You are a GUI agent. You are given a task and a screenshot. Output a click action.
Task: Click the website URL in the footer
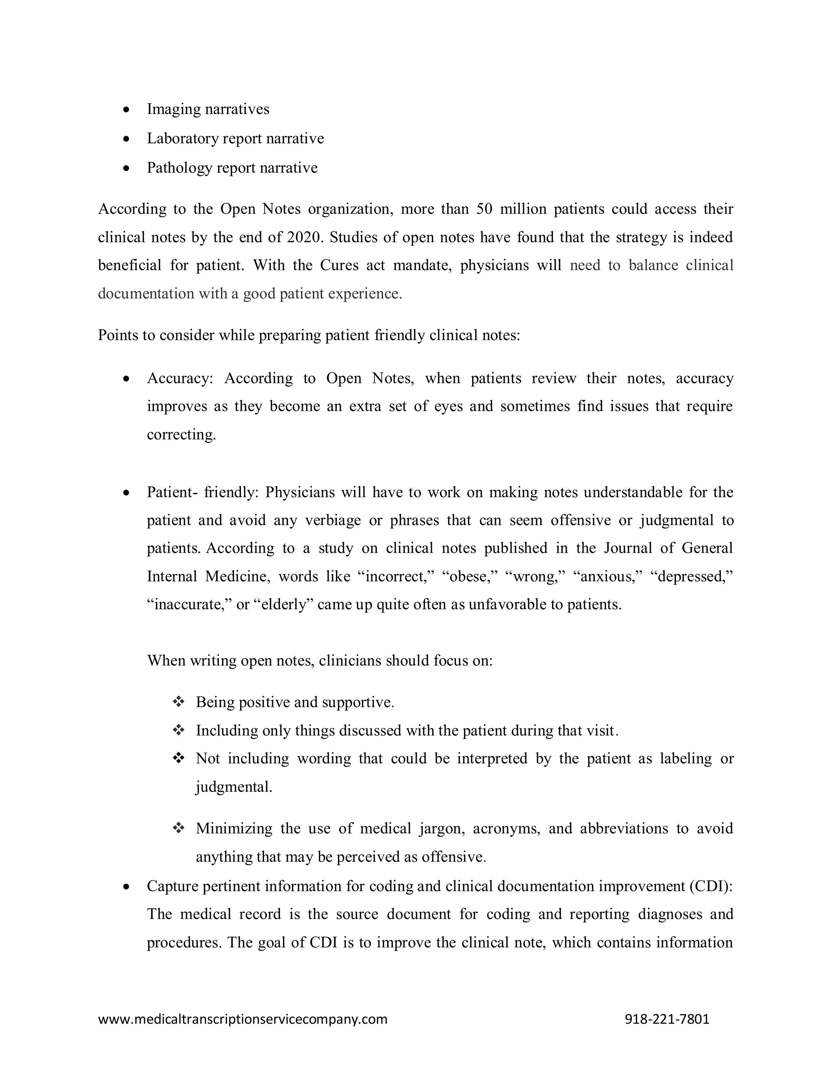(x=243, y=1019)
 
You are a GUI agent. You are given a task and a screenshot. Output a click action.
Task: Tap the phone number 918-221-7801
(x=667, y=1019)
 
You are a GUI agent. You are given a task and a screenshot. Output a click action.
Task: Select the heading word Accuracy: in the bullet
(x=180, y=378)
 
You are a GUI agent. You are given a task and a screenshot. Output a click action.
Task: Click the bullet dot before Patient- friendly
(x=127, y=493)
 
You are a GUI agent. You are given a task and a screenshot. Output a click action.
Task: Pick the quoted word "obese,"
(x=473, y=576)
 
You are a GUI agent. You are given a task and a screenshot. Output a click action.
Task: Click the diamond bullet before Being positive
(x=178, y=702)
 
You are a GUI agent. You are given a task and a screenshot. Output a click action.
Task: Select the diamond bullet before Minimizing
(x=178, y=829)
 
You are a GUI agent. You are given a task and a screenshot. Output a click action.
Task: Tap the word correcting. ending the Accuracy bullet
(x=181, y=435)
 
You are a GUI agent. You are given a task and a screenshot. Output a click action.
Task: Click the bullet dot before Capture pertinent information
(x=127, y=886)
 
